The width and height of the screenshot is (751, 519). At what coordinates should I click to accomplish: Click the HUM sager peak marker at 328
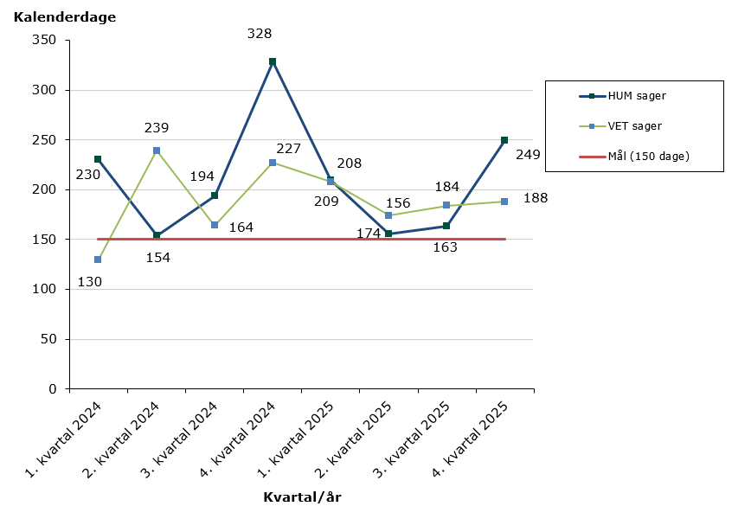(x=273, y=61)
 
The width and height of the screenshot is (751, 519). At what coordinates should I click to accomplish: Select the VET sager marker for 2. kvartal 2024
(x=157, y=151)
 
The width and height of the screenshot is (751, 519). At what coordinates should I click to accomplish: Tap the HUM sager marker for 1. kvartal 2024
(x=98, y=159)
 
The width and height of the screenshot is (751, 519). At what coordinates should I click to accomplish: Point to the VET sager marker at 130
(x=98, y=259)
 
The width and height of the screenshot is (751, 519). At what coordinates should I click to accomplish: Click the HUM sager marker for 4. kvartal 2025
(x=504, y=140)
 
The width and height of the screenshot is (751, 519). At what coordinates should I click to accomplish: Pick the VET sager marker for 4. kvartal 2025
(x=504, y=202)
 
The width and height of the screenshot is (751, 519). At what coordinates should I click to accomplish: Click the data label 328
(x=260, y=35)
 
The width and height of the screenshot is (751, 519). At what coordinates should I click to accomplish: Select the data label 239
(x=157, y=128)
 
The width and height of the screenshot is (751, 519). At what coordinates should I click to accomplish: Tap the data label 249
(x=528, y=155)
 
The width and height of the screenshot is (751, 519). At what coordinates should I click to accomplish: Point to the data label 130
(x=90, y=281)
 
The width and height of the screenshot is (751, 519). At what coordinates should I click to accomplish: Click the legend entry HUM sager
(x=637, y=96)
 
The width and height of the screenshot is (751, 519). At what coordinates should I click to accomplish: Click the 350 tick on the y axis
(x=43, y=41)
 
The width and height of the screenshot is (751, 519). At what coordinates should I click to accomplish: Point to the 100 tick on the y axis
(x=43, y=289)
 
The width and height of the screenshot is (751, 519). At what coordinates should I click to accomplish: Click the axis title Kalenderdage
(x=65, y=17)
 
